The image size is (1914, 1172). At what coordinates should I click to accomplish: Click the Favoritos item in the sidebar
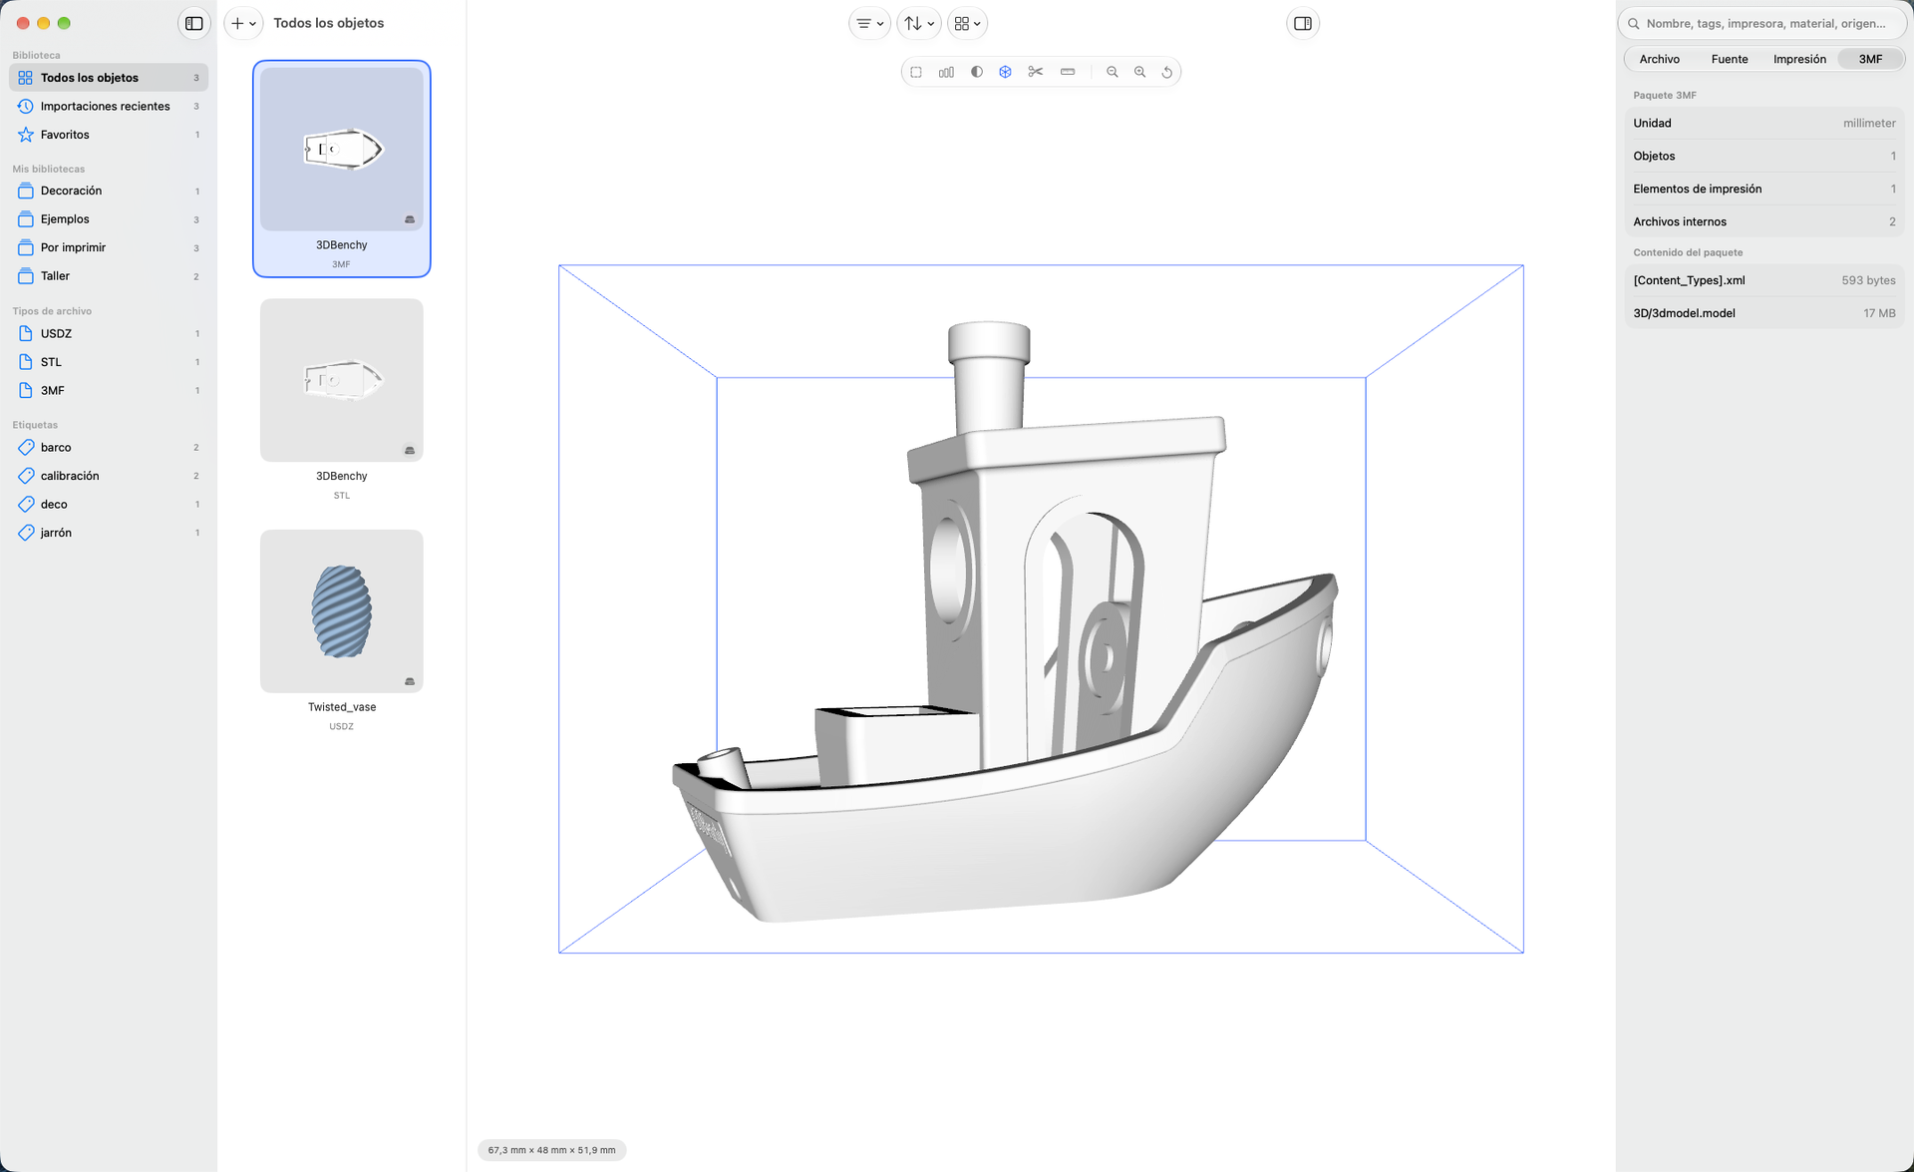65,135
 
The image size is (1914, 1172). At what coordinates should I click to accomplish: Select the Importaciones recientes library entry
105,106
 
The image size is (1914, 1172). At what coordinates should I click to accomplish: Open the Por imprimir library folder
73,247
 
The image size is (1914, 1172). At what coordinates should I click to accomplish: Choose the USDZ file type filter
56,333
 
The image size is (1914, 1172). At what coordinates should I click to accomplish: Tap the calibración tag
70,476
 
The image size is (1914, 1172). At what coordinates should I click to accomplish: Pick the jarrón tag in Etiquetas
56,533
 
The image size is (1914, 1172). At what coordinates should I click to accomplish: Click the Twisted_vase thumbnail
342,611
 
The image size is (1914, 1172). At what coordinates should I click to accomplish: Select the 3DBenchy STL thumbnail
342,380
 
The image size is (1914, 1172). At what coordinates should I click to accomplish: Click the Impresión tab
1799,59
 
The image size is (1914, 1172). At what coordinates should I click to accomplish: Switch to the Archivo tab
1660,59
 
